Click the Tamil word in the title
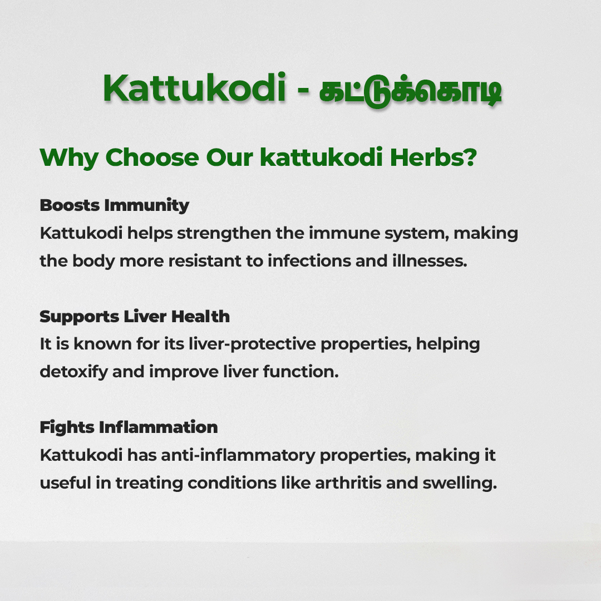tap(410, 91)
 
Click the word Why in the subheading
tap(69, 158)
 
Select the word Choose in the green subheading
tap(152, 157)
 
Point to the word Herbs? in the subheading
tap(433, 157)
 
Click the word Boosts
tap(70, 205)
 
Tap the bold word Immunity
tap(146, 206)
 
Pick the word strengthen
tap(224, 233)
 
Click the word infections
tap(309, 260)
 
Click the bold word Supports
tap(80, 317)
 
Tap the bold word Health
tap(200, 316)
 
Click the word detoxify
tap(74, 372)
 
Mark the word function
tap(301, 371)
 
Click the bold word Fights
tap(67, 428)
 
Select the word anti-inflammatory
tap(238, 456)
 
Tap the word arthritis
tap(348, 483)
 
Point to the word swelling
tap(460, 484)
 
